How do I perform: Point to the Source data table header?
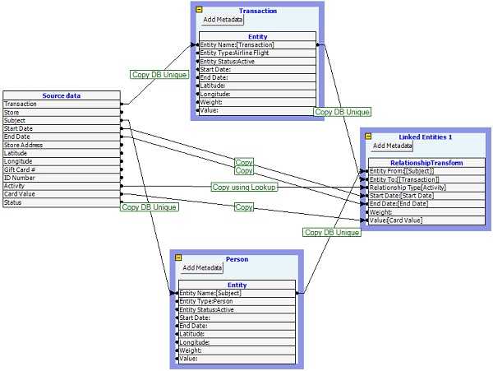62,95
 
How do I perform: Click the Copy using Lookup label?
243,188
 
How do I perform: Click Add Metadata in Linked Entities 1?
392,146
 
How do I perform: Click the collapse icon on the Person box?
176,258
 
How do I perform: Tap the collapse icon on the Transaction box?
198,10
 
